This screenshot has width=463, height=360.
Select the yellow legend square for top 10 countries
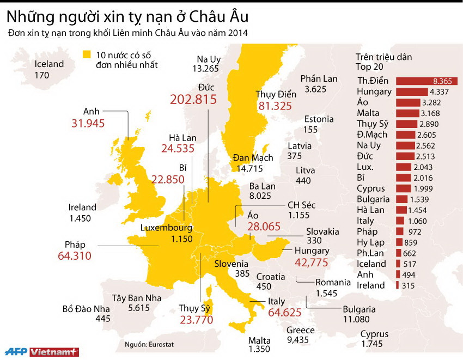click(x=86, y=54)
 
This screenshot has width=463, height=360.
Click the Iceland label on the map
click(x=49, y=64)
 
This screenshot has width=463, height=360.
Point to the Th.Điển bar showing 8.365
click(x=426, y=81)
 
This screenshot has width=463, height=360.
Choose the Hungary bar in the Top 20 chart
click(x=411, y=91)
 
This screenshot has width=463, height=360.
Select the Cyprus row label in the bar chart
click(x=371, y=188)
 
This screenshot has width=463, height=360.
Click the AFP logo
click(x=15, y=351)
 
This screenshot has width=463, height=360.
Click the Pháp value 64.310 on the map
click(x=74, y=255)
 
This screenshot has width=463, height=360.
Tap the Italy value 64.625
click(x=285, y=313)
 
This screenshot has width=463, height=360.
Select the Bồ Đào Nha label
click(x=86, y=309)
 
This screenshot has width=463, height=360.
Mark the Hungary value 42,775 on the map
click(x=312, y=262)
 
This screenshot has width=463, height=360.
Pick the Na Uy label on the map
click(x=208, y=59)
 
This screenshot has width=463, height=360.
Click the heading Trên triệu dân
click(x=383, y=57)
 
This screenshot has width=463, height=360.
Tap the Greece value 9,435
click(x=300, y=340)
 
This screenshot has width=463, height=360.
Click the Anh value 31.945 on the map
click(x=88, y=123)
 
